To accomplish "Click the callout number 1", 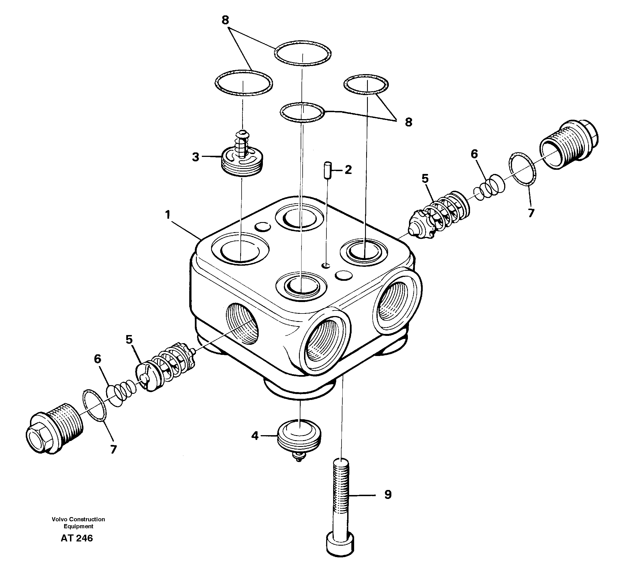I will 167,215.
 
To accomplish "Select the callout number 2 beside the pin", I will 348,170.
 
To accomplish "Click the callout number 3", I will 196,157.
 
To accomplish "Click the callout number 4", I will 255,435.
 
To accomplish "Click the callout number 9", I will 388,494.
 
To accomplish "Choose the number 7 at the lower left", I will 114,449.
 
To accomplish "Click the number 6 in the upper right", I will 474,154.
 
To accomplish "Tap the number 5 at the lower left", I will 129,340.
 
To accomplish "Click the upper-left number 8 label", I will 225,21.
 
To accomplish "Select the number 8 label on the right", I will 408,122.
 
